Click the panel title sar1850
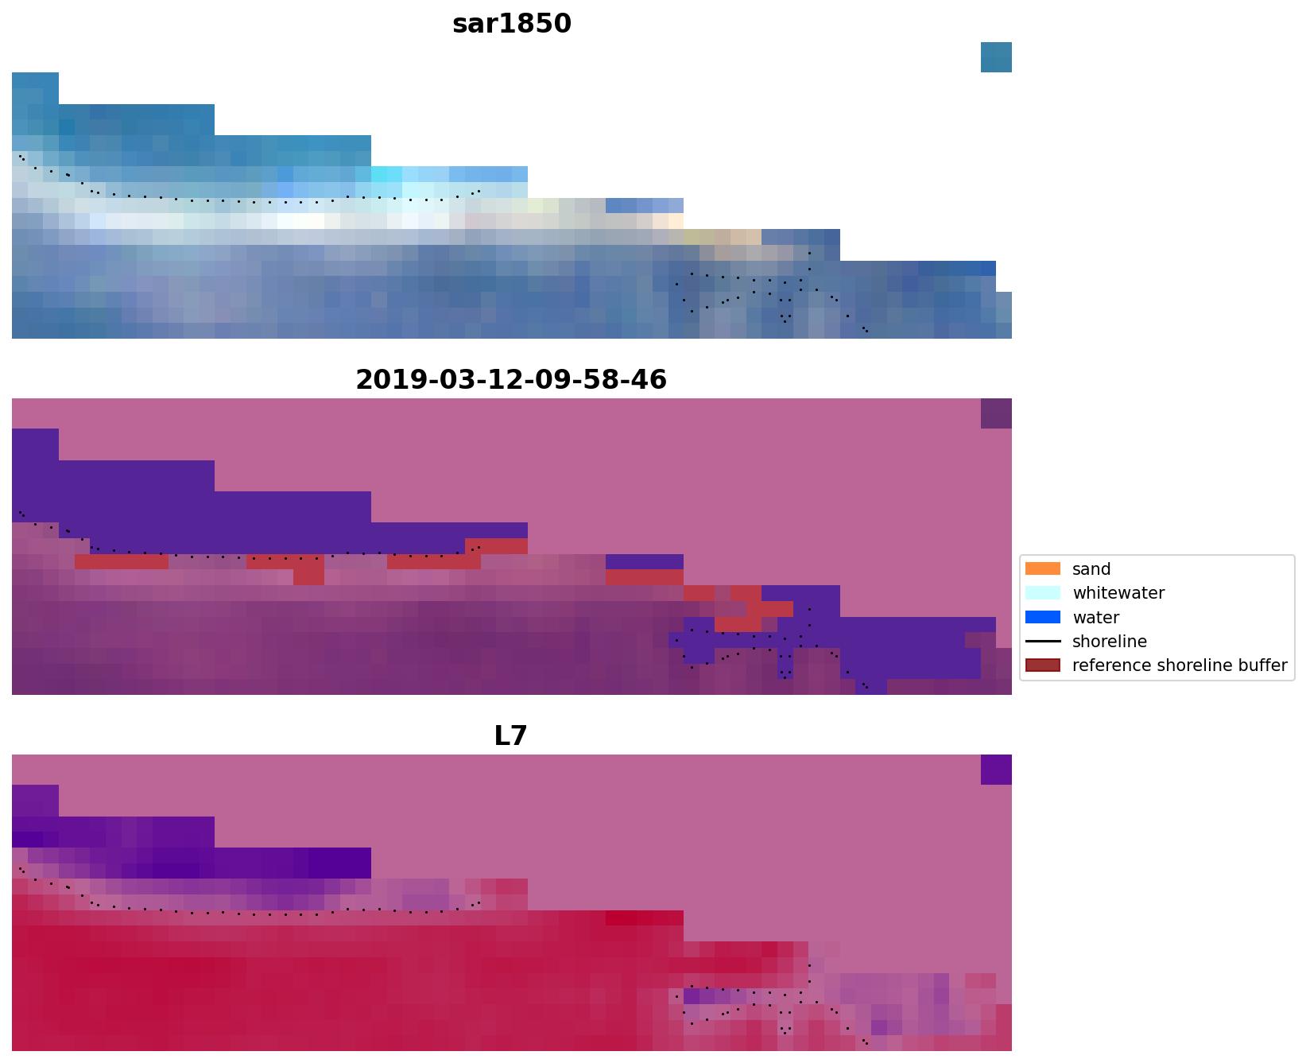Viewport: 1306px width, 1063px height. coord(511,24)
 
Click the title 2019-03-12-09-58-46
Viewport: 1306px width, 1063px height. coord(511,380)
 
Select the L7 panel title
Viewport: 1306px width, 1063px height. coord(510,736)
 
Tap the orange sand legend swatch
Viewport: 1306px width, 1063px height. coord(1042,568)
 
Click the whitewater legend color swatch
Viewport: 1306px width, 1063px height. coord(1042,592)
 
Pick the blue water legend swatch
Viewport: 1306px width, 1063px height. coord(1042,617)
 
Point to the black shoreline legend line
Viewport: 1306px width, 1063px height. coord(1042,641)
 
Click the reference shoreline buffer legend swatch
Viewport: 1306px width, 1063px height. coord(1042,665)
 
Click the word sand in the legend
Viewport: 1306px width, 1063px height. coord(1091,569)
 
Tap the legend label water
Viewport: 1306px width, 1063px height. coord(1095,618)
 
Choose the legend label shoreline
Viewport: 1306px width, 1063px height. coord(1109,642)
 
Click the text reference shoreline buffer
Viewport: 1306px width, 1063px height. coord(1179,665)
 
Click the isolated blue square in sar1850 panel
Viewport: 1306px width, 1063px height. coord(996,57)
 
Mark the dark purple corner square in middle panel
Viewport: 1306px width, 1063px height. coord(996,413)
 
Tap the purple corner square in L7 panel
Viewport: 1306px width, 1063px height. coord(996,770)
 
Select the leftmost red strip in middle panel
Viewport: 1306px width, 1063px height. coord(121,562)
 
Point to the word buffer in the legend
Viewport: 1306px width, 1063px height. coord(1263,665)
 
